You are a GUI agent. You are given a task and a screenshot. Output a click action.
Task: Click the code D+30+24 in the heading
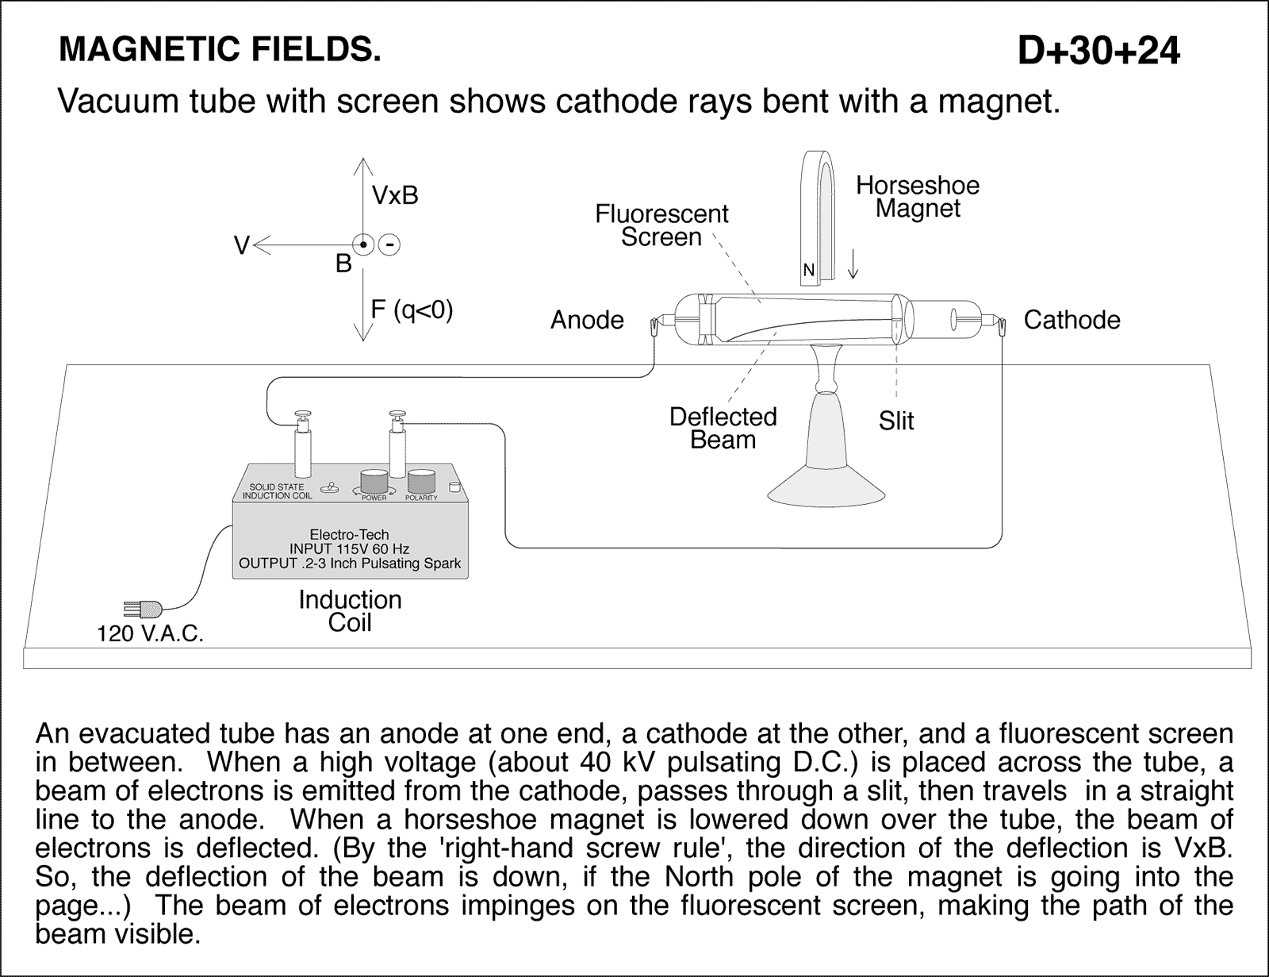(x=1098, y=51)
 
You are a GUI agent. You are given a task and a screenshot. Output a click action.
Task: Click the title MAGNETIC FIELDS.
(x=220, y=49)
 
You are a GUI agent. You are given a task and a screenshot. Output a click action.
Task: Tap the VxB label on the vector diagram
(x=394, y=195)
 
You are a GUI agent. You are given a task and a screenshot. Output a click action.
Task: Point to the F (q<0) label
(x=412, y=310)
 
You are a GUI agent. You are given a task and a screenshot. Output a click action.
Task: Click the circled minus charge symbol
(x=389, y=245)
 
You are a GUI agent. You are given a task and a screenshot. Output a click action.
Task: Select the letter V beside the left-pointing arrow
(x=241, y=246)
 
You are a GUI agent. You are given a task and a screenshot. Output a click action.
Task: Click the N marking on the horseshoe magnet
(x=808, y=271)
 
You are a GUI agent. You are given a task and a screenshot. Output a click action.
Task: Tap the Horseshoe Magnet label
(x=918, y=197)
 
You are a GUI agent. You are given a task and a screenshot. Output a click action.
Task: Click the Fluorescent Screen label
(x=661, y=225)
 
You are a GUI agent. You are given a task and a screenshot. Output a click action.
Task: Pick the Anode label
(x=587, y=320)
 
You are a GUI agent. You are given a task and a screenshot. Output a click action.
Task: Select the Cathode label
(x=1072, y=320)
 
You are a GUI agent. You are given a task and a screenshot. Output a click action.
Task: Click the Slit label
(x=896, y=421)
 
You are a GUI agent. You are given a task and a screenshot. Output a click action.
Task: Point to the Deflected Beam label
(x=723, y=428)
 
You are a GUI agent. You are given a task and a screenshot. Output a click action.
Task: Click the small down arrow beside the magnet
(x=853, y=264)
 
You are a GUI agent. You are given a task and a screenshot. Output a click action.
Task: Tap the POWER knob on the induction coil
(x=374, y=483)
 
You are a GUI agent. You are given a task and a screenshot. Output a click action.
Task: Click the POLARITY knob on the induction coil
(x=421, y=483)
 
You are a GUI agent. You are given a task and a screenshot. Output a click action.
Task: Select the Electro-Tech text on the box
(x=349, y=534)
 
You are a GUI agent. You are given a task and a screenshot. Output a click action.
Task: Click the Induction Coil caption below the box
(x=350, y=610)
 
